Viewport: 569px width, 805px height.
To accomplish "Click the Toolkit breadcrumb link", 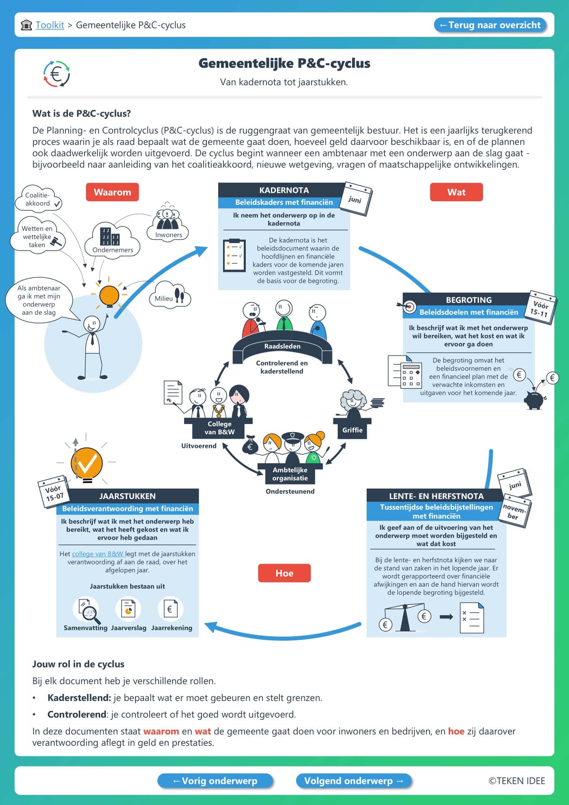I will tap(49, 25).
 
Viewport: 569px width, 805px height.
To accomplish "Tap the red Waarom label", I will tap(112, 192).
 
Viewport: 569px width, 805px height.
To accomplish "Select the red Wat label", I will tap(456, 192).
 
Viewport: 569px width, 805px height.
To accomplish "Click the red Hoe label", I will tap(284, 573).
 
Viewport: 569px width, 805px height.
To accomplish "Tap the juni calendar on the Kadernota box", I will tap(355, 199).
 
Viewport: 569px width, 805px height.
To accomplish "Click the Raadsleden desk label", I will tap(282, 347).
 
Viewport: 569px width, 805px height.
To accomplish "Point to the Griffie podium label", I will tap(352, 430).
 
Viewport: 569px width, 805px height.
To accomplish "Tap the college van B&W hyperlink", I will tap(98, 554).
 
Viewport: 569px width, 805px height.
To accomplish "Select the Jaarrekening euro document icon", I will tap(170, 609).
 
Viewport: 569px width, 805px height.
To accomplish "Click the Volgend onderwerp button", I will tap(353, 781).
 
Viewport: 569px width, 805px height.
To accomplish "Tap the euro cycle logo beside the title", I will tap(57, 74).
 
